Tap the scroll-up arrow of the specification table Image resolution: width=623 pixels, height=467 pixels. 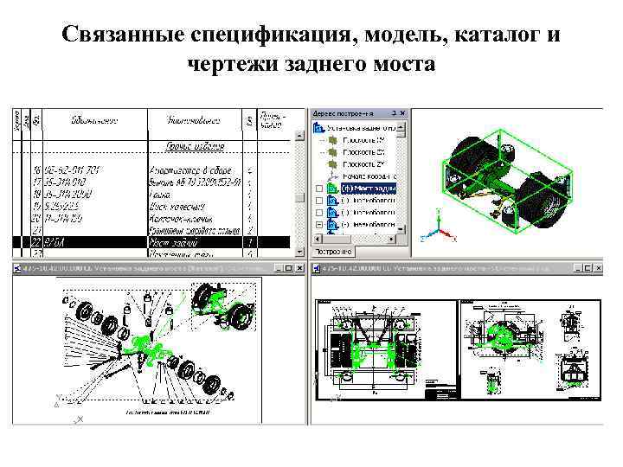coord(302,114)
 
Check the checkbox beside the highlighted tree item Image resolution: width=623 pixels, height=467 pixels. coord(318,188)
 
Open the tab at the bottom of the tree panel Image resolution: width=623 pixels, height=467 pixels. coord(332,252)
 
